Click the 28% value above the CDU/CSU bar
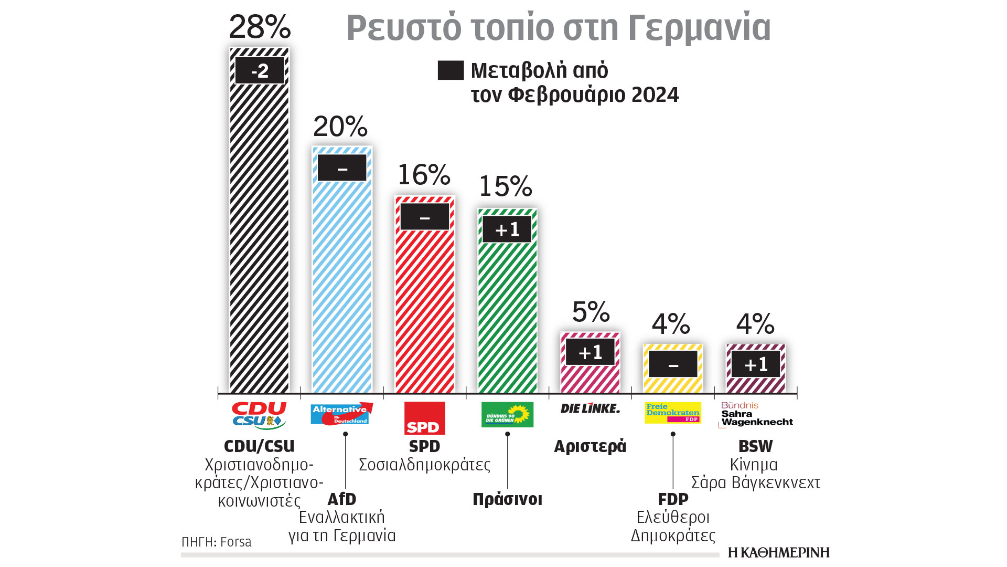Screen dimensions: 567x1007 point(260,27)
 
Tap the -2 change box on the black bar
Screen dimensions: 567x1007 point(260,70)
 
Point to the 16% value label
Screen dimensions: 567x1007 point(424,175)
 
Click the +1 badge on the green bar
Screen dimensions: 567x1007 point(507,229)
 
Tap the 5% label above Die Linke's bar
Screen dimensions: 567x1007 point(591,312)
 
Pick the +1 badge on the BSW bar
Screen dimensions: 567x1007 point(756,364)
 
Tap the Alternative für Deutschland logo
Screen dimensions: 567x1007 point(341,414)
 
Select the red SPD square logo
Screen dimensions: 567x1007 point(425,418)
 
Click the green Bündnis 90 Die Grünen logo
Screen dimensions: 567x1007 point(507,415)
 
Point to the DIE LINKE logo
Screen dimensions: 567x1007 point(590,408)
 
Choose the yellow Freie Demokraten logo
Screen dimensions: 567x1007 point(673,413)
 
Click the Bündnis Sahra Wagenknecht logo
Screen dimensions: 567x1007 point(756,415)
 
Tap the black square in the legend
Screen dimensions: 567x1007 point(451,70)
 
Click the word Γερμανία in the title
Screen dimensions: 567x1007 point(699,28)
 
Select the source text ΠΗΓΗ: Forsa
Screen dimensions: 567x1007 point(217,542)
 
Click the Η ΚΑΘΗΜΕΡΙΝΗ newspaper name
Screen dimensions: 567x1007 point(779,552)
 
